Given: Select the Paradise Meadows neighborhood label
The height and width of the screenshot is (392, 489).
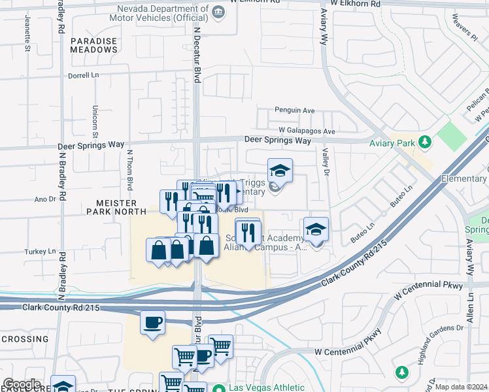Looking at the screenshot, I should pyautogui.click(x=93, y=45).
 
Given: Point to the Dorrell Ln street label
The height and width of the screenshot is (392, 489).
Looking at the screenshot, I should pyautogui.click(x=83, y=76).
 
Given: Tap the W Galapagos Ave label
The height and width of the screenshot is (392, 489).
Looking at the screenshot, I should pyautogui.click(x=306, y=131).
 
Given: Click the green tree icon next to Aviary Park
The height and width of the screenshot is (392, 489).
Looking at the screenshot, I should pyautogui.click(x=426, y=142).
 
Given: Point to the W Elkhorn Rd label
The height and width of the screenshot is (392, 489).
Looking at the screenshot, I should pyautogui.click(x=355, y=3).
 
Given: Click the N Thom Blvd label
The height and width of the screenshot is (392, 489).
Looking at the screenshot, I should pyautogui.click(x=129, y=170).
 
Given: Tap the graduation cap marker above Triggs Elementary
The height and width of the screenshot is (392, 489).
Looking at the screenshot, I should pyautogui.click(x=280, y=171).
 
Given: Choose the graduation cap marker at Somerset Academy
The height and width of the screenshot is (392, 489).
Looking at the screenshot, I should pyautogui.click(x=316, y=229).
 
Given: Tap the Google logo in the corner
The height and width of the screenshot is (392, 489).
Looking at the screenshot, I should pyautogui.click(x=22, y=384).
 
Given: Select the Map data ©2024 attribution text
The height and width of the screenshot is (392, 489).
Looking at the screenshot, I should pyautogui.click(x=460, y=387).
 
